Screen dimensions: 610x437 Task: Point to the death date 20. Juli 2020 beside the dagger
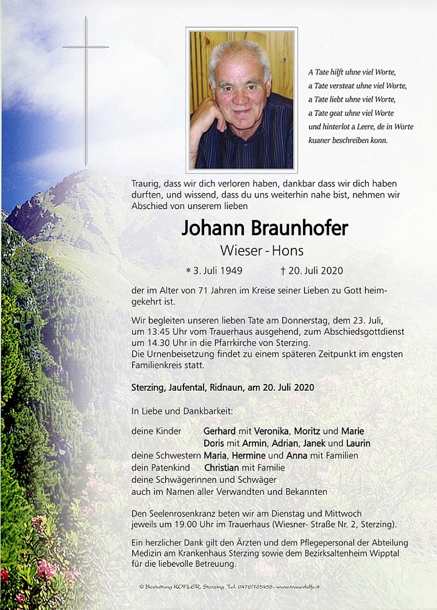click(x=316, y=271)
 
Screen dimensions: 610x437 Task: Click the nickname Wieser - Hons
click(x=262, y=251)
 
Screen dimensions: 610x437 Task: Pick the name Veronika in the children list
click(x=272, y=431)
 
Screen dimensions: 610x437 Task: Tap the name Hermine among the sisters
click(x=248, y=456)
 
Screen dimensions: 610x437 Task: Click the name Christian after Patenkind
click(x=221, y=468)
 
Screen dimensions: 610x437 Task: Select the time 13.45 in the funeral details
click(x=155, y=332)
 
